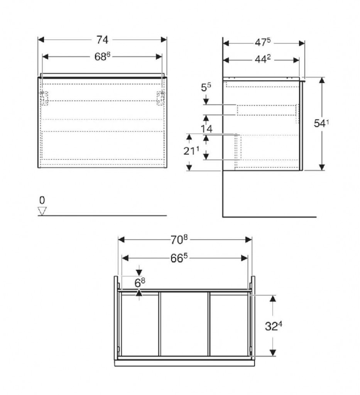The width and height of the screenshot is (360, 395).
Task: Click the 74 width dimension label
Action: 102,40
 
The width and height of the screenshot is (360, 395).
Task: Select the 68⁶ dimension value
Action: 102,56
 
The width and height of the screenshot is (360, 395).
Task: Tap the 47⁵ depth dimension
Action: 262,42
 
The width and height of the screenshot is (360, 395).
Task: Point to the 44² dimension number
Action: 262,59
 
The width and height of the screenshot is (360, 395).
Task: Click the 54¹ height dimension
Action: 321,123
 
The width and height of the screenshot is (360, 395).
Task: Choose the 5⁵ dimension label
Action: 206,87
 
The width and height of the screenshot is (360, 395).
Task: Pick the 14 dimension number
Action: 206,129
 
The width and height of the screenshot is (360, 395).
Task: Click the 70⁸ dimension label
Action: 179,240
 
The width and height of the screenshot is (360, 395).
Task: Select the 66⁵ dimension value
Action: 179,258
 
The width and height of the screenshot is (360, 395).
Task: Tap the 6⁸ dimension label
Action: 140,283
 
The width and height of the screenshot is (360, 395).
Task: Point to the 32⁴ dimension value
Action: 273,326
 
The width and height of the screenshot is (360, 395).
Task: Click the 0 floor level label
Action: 42,200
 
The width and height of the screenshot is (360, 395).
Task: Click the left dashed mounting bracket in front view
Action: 44,98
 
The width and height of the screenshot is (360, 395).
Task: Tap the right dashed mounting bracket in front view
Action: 161,98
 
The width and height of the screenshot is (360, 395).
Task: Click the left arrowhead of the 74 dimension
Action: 41,40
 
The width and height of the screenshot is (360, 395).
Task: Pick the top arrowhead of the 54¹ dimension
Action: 322,80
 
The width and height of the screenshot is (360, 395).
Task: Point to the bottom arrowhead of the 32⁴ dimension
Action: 273,353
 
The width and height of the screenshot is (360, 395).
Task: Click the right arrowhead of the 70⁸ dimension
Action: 248,240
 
